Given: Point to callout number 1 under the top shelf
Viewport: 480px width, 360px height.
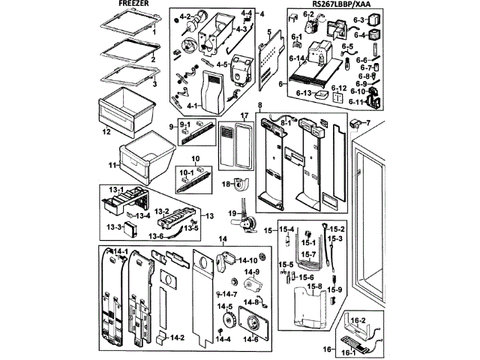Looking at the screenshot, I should [x=153, y=34].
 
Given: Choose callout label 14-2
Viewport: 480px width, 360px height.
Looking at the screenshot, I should [x=177, y=338].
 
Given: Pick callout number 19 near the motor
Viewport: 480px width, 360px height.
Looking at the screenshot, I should [x=232, y=214].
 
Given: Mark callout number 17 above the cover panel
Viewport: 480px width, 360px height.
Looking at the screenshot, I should [x=244, y=115].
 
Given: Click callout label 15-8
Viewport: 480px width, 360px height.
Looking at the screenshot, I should [x=315, y=286].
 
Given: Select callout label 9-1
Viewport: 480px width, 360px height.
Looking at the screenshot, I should [x=184, y=124].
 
